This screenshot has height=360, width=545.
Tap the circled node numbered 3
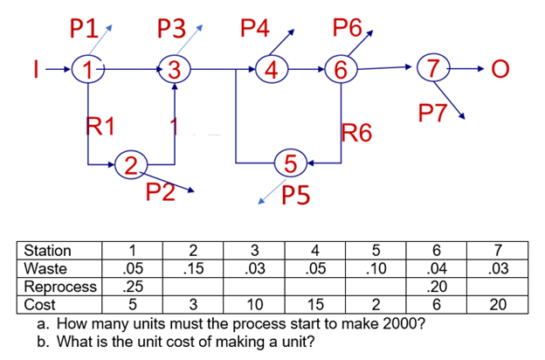pos(175,69)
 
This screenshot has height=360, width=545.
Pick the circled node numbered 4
pos(273,69)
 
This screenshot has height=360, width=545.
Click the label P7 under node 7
pos(436,112)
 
